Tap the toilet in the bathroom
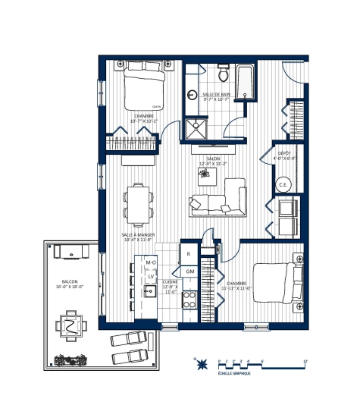tap(223, 74)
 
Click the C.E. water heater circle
tap(282, 184)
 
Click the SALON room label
tap(208, 160)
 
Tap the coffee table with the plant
tap(205, 174)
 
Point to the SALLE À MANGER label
tap(138, 237)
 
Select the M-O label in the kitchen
tap(150, 262)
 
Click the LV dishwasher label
tap(151, 277)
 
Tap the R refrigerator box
tap(188, 254)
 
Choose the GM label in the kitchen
tap(189, 272)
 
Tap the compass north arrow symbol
tap(201, 367)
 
